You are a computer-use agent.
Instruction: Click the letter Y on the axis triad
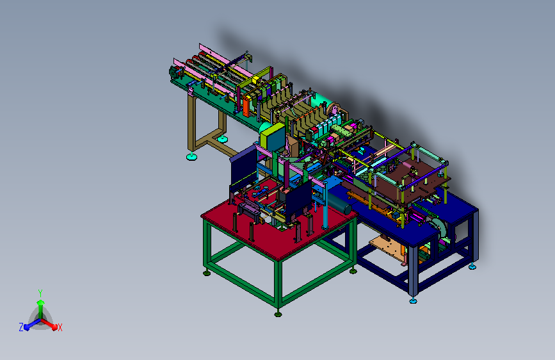(x=40, y=293)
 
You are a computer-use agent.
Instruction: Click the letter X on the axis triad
(x=60, y=327)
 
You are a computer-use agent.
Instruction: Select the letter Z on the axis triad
(x=21, y=327)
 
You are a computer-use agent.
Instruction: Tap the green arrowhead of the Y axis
(x=41, y=302)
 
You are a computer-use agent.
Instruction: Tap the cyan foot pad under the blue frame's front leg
(x=413, y=301)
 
